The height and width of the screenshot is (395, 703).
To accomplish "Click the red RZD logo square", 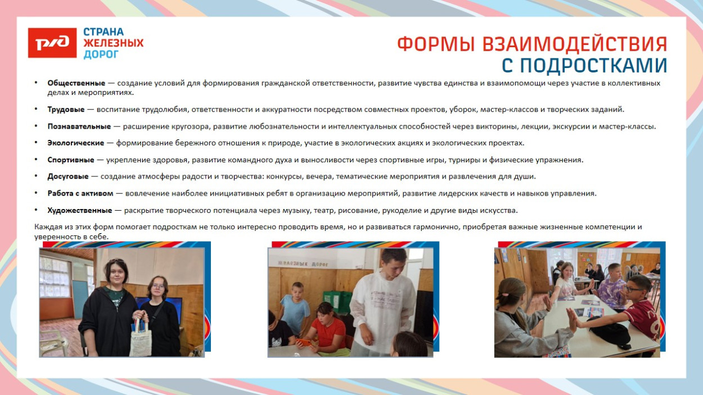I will point(52,43).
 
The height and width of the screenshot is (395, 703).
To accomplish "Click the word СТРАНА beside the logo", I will point(103,32).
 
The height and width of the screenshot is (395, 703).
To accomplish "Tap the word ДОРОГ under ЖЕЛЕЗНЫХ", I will point(101,55).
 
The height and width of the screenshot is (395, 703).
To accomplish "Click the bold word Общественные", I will point(76,83).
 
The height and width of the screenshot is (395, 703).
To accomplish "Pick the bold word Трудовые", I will point(66,110).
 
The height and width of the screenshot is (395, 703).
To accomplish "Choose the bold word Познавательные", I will point(79,126).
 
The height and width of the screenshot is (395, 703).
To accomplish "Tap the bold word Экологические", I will point(75,143).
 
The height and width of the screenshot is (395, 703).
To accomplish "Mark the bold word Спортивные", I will point(70,160).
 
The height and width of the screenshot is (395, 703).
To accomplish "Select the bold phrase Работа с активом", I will point(80,194).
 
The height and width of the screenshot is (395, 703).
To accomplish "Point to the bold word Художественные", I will point(79,211).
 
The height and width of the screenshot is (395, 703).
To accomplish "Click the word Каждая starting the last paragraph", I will point(47,227).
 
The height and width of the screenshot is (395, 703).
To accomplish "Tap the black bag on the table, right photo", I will point(611,332).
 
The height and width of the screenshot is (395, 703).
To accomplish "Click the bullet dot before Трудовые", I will point(36,110).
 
